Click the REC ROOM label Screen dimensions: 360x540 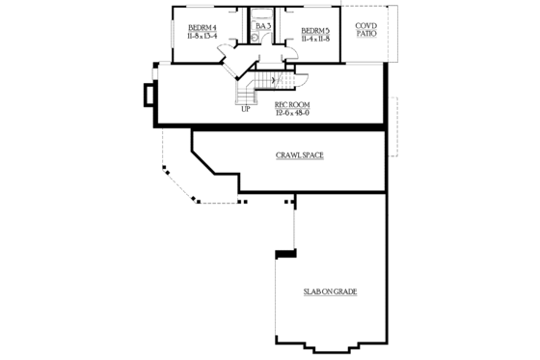point(291,103)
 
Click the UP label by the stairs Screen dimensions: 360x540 point(246,108)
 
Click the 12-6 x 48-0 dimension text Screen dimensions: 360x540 point(291,113)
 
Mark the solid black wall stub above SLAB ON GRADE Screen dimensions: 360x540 point(283,253)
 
